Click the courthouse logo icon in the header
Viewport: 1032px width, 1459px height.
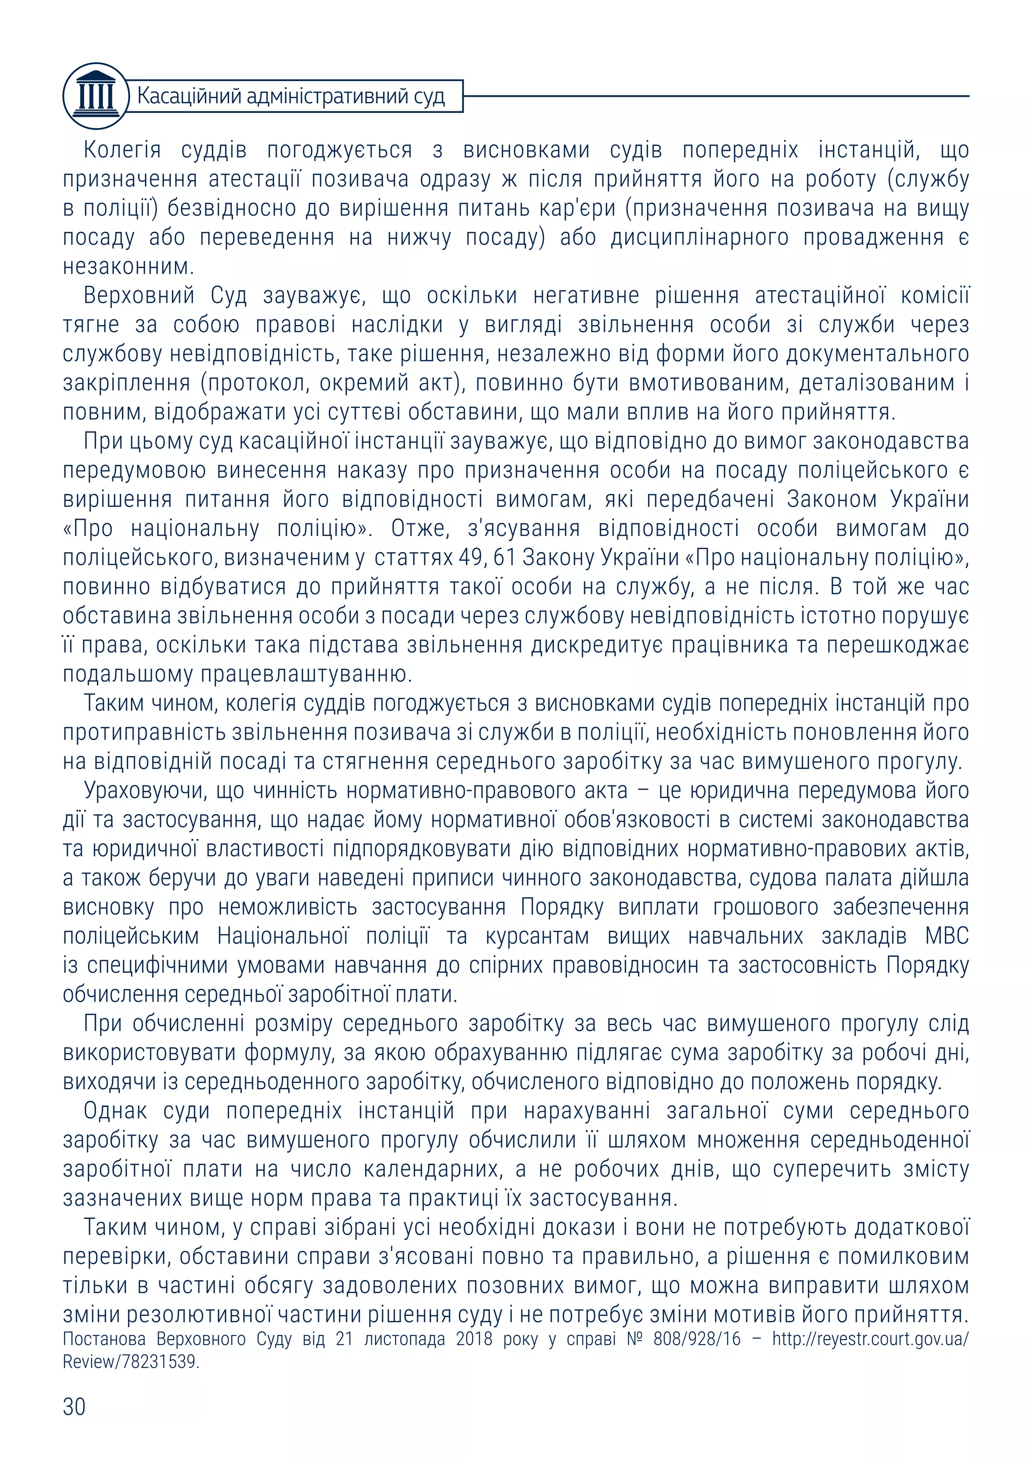95,96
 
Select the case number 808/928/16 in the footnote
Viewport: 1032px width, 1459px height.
696,1339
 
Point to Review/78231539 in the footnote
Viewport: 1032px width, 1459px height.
131,1362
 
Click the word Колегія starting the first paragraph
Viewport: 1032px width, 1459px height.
122,150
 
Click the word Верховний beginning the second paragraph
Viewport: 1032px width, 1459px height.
139,296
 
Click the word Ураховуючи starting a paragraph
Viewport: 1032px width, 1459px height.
145,791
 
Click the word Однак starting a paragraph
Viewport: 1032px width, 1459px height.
115,1111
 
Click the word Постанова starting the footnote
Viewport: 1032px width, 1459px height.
104,1339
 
